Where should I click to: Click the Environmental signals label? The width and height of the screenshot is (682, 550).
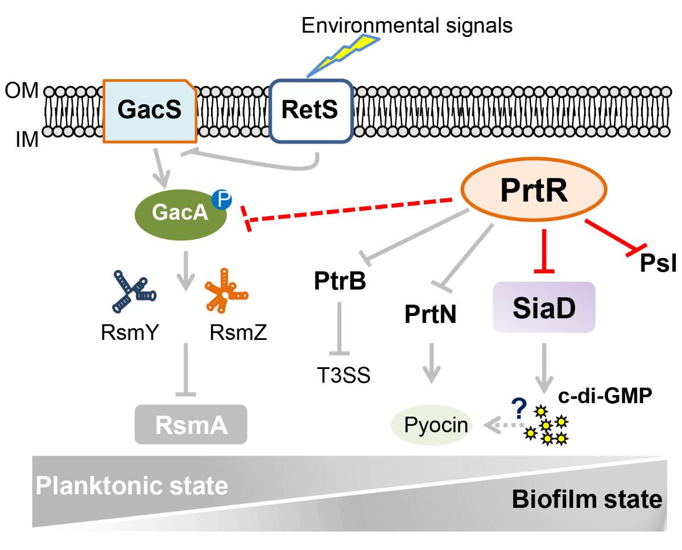[x=407, y=25]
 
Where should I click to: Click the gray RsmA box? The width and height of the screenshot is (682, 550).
[x=191, y=424]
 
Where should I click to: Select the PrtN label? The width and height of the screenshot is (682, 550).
[x=431, y=314]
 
